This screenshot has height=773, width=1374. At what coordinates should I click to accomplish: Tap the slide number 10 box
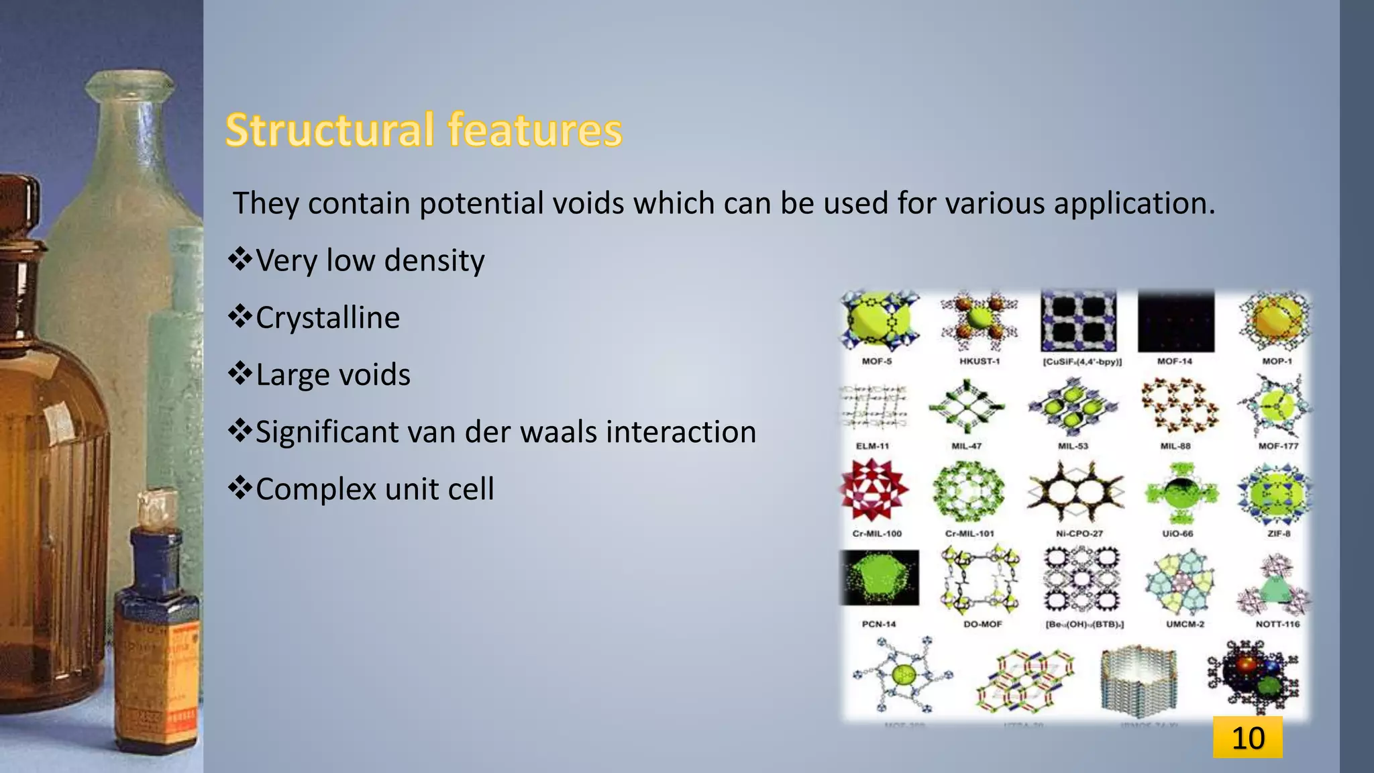[1247, 737]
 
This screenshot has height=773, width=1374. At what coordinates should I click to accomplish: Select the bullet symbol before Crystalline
[240, 317]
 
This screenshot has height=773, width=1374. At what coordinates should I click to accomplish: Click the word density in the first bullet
[434, 260]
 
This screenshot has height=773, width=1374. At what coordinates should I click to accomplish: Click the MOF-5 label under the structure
[876, 361]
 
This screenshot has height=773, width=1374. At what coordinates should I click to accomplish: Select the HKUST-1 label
[979, 361]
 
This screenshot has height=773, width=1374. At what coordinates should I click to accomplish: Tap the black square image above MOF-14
[1175, 321]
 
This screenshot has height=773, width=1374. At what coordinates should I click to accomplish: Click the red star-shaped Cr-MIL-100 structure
[874, 490]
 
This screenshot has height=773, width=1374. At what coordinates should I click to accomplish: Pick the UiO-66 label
[1177, 533]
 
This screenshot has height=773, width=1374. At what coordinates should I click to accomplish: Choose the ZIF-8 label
[1279, 533]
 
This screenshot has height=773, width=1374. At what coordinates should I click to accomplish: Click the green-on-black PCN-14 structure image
[879, 578]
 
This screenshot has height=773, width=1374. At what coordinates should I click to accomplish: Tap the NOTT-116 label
[1277, 624]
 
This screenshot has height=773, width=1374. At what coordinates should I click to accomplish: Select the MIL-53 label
[1072, 446]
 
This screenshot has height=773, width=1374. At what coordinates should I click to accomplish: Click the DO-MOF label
[982, 624]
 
